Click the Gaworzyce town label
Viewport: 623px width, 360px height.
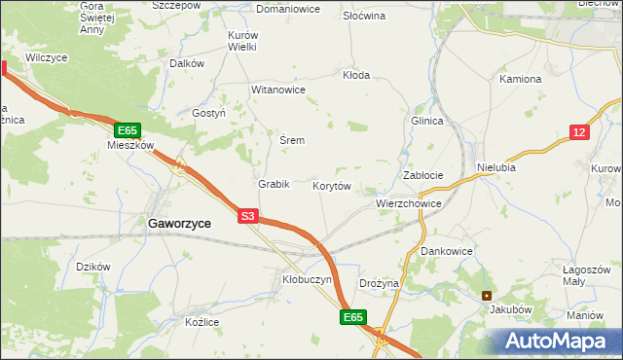(x=179, y=223)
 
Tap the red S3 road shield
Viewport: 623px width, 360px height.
(x=248, y=217)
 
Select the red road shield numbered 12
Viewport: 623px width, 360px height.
(x=579, y=133)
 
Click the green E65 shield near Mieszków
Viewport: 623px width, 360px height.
(x=128, y=129)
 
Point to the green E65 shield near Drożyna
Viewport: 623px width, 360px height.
(x=353, y=317)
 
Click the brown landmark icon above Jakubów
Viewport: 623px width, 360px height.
(x=487, y=296)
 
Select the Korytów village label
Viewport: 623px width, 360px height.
(x=331, y=185)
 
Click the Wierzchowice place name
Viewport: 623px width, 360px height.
(x=409, y=204)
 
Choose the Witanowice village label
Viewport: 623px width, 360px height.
(x=279, y=90)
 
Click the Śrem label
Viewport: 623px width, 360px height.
(x=292, y=140)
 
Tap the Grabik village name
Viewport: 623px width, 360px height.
(x=274, y=184)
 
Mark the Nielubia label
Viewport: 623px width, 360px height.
(x=496, y=167)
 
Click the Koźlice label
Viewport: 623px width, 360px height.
(x=204, y=322)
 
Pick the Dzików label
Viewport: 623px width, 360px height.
(x=93, y=267)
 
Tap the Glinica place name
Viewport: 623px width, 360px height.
(x=427, y=121)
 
